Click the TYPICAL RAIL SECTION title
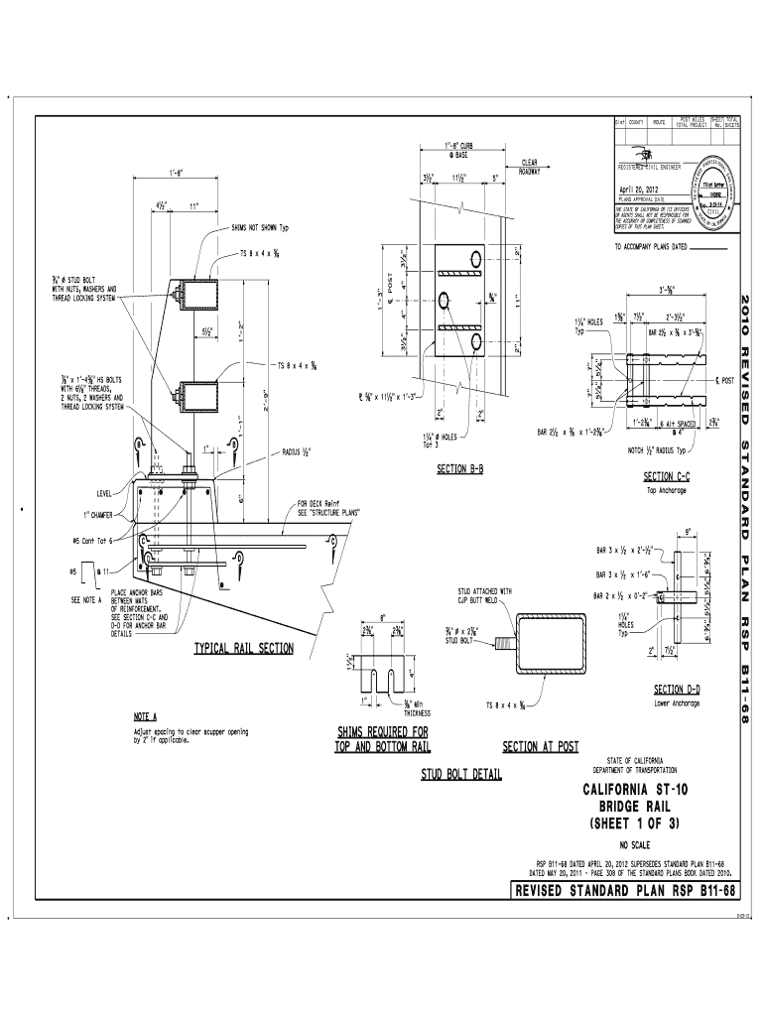click(x=244, y=649)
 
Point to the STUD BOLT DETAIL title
click(x=462, y=774)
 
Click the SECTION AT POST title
click(x=541, y=746)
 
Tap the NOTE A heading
click(x=146, y=715)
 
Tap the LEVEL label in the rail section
click(x=105, y=492)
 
